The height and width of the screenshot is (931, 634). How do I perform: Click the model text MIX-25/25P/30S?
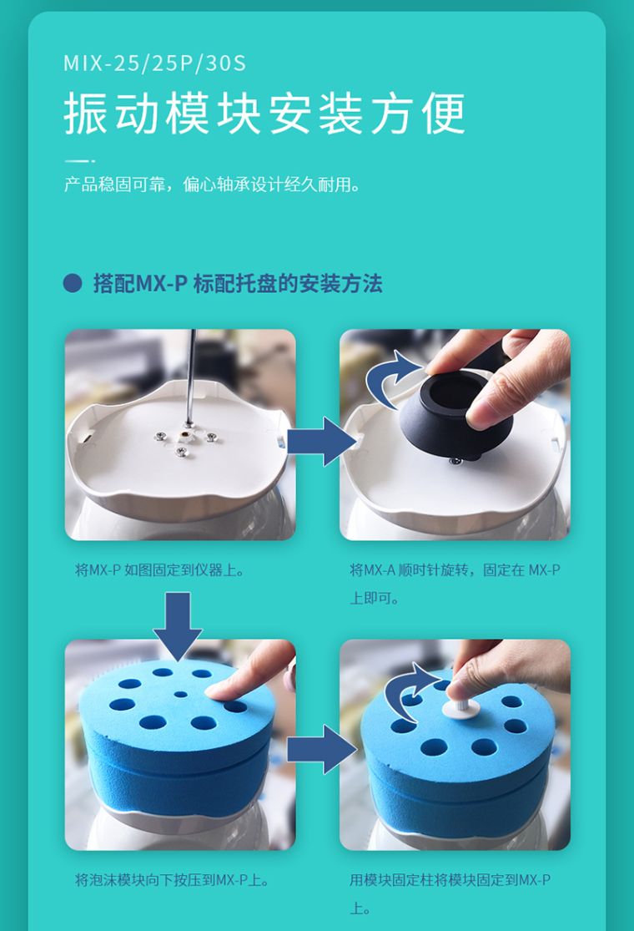[154, 63]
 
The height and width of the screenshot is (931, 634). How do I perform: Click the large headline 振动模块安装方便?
[264, 114]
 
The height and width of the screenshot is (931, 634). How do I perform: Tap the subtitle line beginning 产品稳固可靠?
[212, 185]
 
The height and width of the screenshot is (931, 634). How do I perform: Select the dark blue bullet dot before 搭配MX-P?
[73, 282]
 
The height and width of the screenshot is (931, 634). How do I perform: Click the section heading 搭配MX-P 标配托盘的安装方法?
[238, 283]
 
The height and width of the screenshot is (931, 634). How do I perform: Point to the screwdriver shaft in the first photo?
[191, 377]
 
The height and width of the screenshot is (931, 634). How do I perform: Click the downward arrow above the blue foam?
[178, 626]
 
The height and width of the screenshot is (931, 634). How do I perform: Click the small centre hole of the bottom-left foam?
[180, 694]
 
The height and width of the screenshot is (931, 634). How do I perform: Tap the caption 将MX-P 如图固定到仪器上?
[159, 570]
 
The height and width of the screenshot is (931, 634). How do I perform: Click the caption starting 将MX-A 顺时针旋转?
[455, 584]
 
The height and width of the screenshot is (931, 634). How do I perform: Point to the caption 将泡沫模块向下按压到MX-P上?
[172, 880]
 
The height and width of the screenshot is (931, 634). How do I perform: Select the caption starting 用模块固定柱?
[450, 893]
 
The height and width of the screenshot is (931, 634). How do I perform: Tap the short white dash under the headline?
[79, 160]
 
